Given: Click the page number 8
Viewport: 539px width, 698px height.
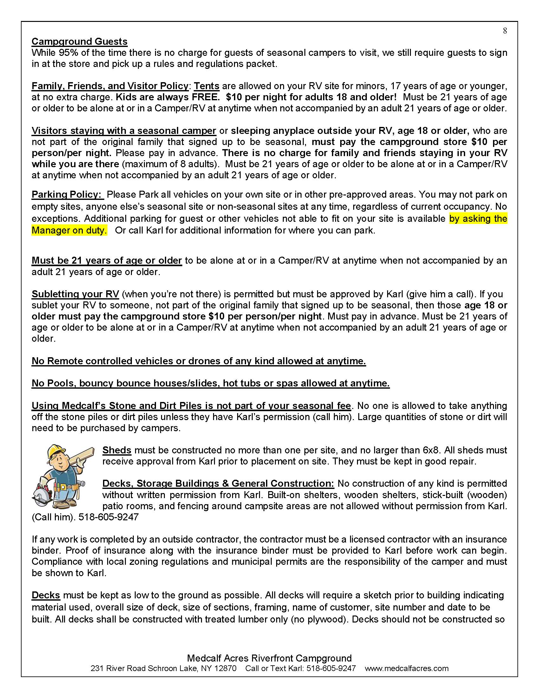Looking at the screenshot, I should point(505,31).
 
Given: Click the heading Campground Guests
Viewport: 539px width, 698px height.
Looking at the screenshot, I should point(79,42).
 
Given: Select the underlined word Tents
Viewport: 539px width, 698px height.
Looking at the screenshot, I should point(207,86).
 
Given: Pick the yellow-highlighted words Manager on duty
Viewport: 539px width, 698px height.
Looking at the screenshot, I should point(69,230).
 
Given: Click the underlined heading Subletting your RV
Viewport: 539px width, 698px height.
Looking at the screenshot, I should point(75,294).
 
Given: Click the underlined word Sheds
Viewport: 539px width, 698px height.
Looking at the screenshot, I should point(117,450).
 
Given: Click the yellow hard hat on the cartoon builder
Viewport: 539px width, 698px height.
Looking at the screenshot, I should point(56,451).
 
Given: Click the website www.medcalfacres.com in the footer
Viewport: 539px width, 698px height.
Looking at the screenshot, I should point(406,668).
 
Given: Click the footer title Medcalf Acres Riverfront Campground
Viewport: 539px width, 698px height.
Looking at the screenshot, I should point(269,658).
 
